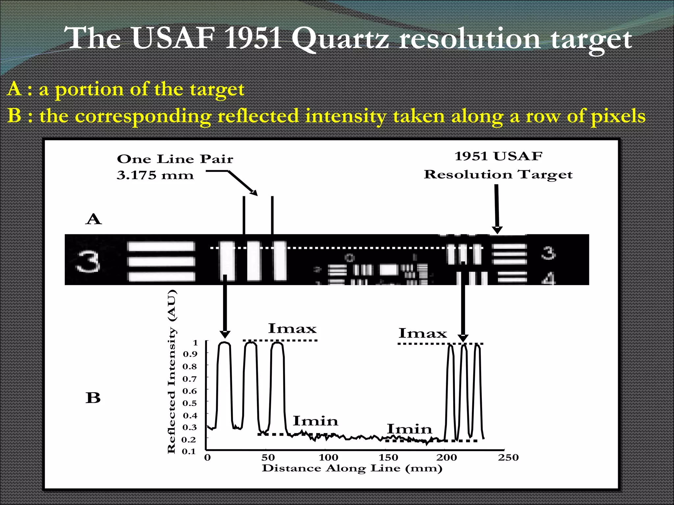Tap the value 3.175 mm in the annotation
tap(155, 175)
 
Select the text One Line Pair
tap(175, 159)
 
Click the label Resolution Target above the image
tap(498, 175)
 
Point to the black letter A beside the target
tap(93, 219)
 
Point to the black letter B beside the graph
tap(93, 398)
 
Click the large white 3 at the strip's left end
tap(88, 262)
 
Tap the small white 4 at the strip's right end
tap(549, 279)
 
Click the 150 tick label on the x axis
tap(388, 457)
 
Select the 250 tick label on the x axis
tap(508, 457)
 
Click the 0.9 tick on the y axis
tap(190, 354)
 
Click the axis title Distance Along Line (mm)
tap(352, 468)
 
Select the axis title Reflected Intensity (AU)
tap(172, 372)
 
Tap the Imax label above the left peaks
tap(292, 328)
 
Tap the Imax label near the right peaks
tap(423, 333)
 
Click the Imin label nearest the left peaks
tap(315, 421)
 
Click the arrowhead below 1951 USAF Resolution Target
tap(497, 230)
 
